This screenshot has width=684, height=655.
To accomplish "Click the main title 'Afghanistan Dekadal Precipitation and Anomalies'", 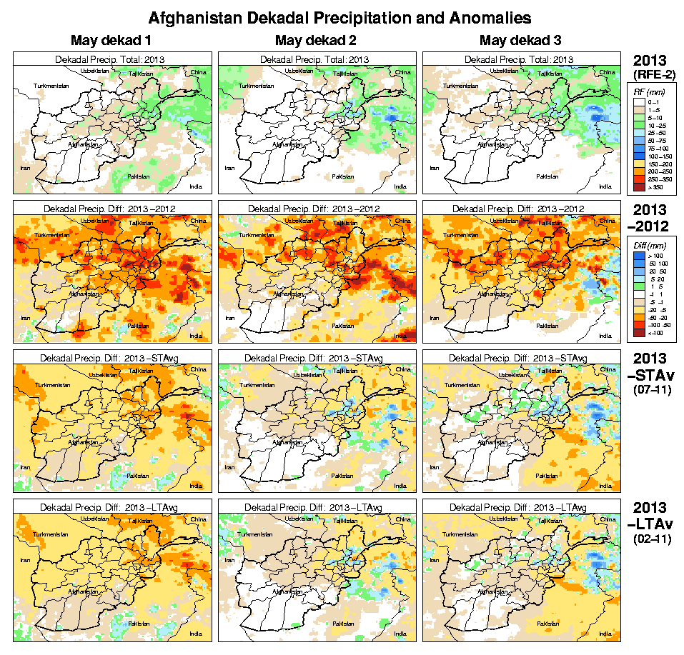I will pyautogui.click(x=340, y=16).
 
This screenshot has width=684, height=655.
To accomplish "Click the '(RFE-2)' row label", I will pyautogui.click(x=652, y=73).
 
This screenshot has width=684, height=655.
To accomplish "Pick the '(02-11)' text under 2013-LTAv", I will pyautogui.click(x=652, y=539).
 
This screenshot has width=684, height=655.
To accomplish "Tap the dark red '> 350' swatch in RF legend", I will pyautogui.click(x=638, y=187).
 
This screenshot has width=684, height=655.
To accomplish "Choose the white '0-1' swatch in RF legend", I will pyautogui.click(x=638, y=102).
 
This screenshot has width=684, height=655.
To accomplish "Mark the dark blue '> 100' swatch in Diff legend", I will pyautogui.click(x=638, y=255).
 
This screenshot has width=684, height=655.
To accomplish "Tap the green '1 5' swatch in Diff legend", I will pyautogui.click(x=638, y=286).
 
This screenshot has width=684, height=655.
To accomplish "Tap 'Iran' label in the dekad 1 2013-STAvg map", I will pyautogui.click(x=25, y=467).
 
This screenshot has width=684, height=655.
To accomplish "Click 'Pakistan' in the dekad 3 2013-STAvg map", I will pyautogui.click(x=547, y=474).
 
